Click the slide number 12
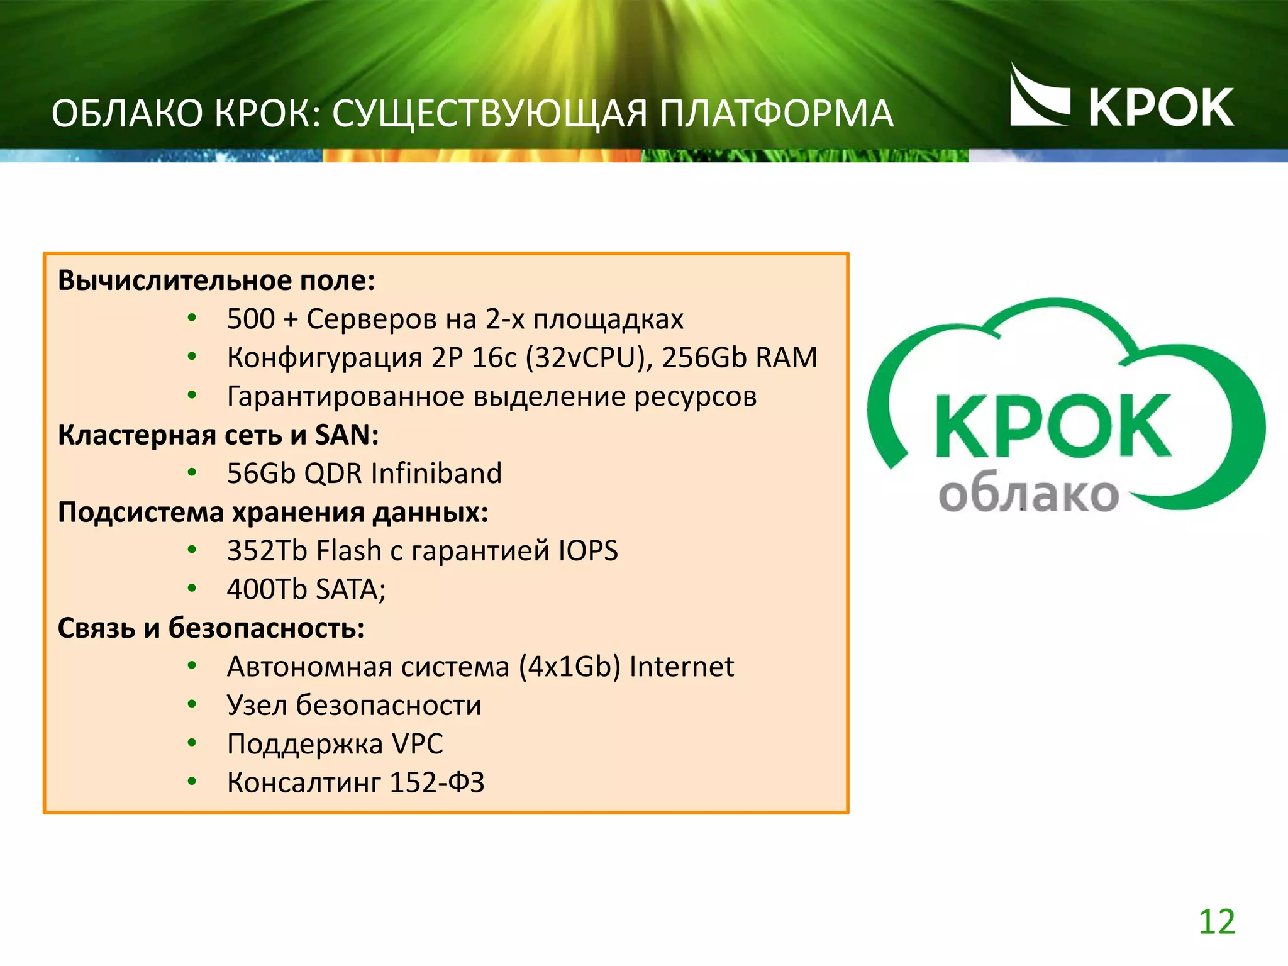point(1216,922)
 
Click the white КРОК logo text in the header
point(1160,108)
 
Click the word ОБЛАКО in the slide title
point(128,114)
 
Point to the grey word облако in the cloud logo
point(1028,495)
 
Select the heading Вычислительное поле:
point(216,280)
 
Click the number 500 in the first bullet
point(250,319)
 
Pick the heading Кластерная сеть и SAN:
point(218,435)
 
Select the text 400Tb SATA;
point(306,589)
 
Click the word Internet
point(681,667)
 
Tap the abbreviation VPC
point(418,744)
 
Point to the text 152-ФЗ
point(437,782)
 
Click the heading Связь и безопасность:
point(211,628)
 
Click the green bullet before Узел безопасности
point(192,704)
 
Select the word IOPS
point(588,551)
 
